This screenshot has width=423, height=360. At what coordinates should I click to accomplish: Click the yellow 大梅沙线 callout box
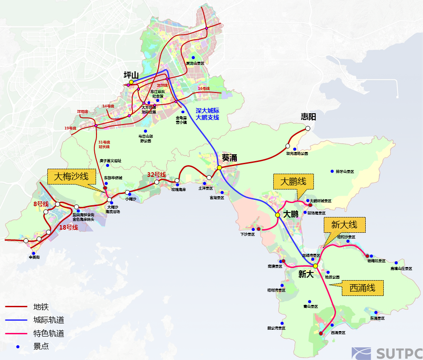(71, 176)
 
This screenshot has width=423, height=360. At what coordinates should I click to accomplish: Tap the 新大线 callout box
(344, 225)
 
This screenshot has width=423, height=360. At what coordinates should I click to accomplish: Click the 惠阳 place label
(309, 117)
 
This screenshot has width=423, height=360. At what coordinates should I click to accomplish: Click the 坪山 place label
(131, 75)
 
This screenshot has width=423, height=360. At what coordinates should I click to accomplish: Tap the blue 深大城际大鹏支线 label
(207, 114)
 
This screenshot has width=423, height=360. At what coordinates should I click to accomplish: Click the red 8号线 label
(41, 204)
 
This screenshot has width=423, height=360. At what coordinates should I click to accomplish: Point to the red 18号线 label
(69, 227)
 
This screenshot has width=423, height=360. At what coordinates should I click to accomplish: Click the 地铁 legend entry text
(41, 307)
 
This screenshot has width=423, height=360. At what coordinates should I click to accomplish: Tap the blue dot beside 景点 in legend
(18, 347)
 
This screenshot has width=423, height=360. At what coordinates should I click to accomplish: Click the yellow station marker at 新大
(315, 266)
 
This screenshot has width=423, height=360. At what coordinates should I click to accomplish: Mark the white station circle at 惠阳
(308, 128)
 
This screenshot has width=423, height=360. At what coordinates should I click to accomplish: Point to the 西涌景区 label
(338, 332)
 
